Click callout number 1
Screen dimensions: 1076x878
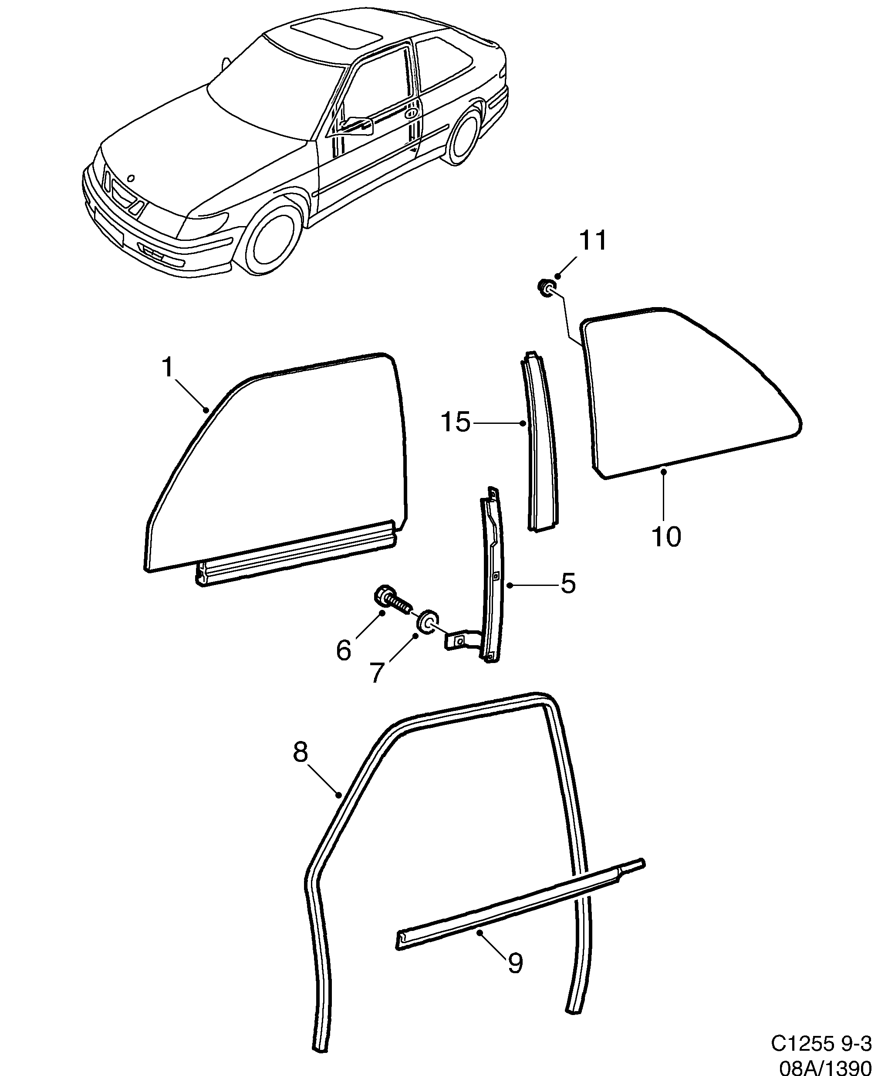(167, 367)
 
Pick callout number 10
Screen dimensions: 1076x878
(666, 537)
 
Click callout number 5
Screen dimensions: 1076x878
(568, 584)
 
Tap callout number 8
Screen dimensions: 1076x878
(300, 766)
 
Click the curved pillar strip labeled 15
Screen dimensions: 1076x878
(540, 445)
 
